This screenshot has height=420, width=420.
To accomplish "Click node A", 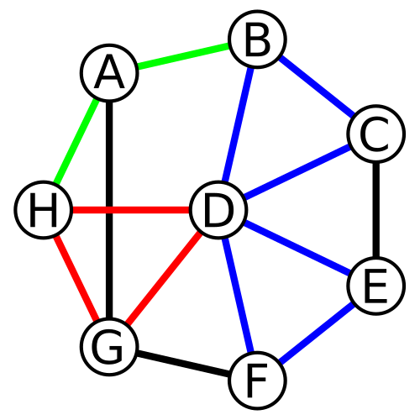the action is (x=109, y=72).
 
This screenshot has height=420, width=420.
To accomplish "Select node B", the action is (x=258, y=39).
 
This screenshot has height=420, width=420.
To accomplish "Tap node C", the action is (x=376, y=134).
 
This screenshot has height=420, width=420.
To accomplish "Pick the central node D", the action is (x=218, y=210).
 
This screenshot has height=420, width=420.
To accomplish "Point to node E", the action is (x=376, y=286).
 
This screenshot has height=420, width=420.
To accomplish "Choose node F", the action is (x=258, y=381).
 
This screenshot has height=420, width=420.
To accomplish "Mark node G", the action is (x=109, y=347).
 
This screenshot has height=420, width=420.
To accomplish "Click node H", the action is (x=44, y=210).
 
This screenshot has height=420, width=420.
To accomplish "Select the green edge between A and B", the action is (x=184, y=55).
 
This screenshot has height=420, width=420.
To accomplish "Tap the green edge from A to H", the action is (x=76, y=141).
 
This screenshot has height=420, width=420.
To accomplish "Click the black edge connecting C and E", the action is (x=376, y=210).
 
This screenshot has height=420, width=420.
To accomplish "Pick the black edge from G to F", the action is (x=184, y=364).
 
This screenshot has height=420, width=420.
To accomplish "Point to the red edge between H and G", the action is (x=76, y=279).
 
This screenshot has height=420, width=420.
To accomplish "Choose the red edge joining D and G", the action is (x=164, y=279).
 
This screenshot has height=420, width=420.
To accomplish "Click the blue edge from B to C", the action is (x=317, y=87).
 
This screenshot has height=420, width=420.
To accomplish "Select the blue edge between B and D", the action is (x=238, y=124).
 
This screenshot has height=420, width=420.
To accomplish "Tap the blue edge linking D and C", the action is (x=297, y=172).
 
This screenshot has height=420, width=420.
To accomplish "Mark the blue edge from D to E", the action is (x=297, y=248).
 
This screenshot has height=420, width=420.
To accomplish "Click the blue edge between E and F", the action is (x=317, y=333).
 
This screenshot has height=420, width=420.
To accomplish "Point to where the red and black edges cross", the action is (x=109, y=210).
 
